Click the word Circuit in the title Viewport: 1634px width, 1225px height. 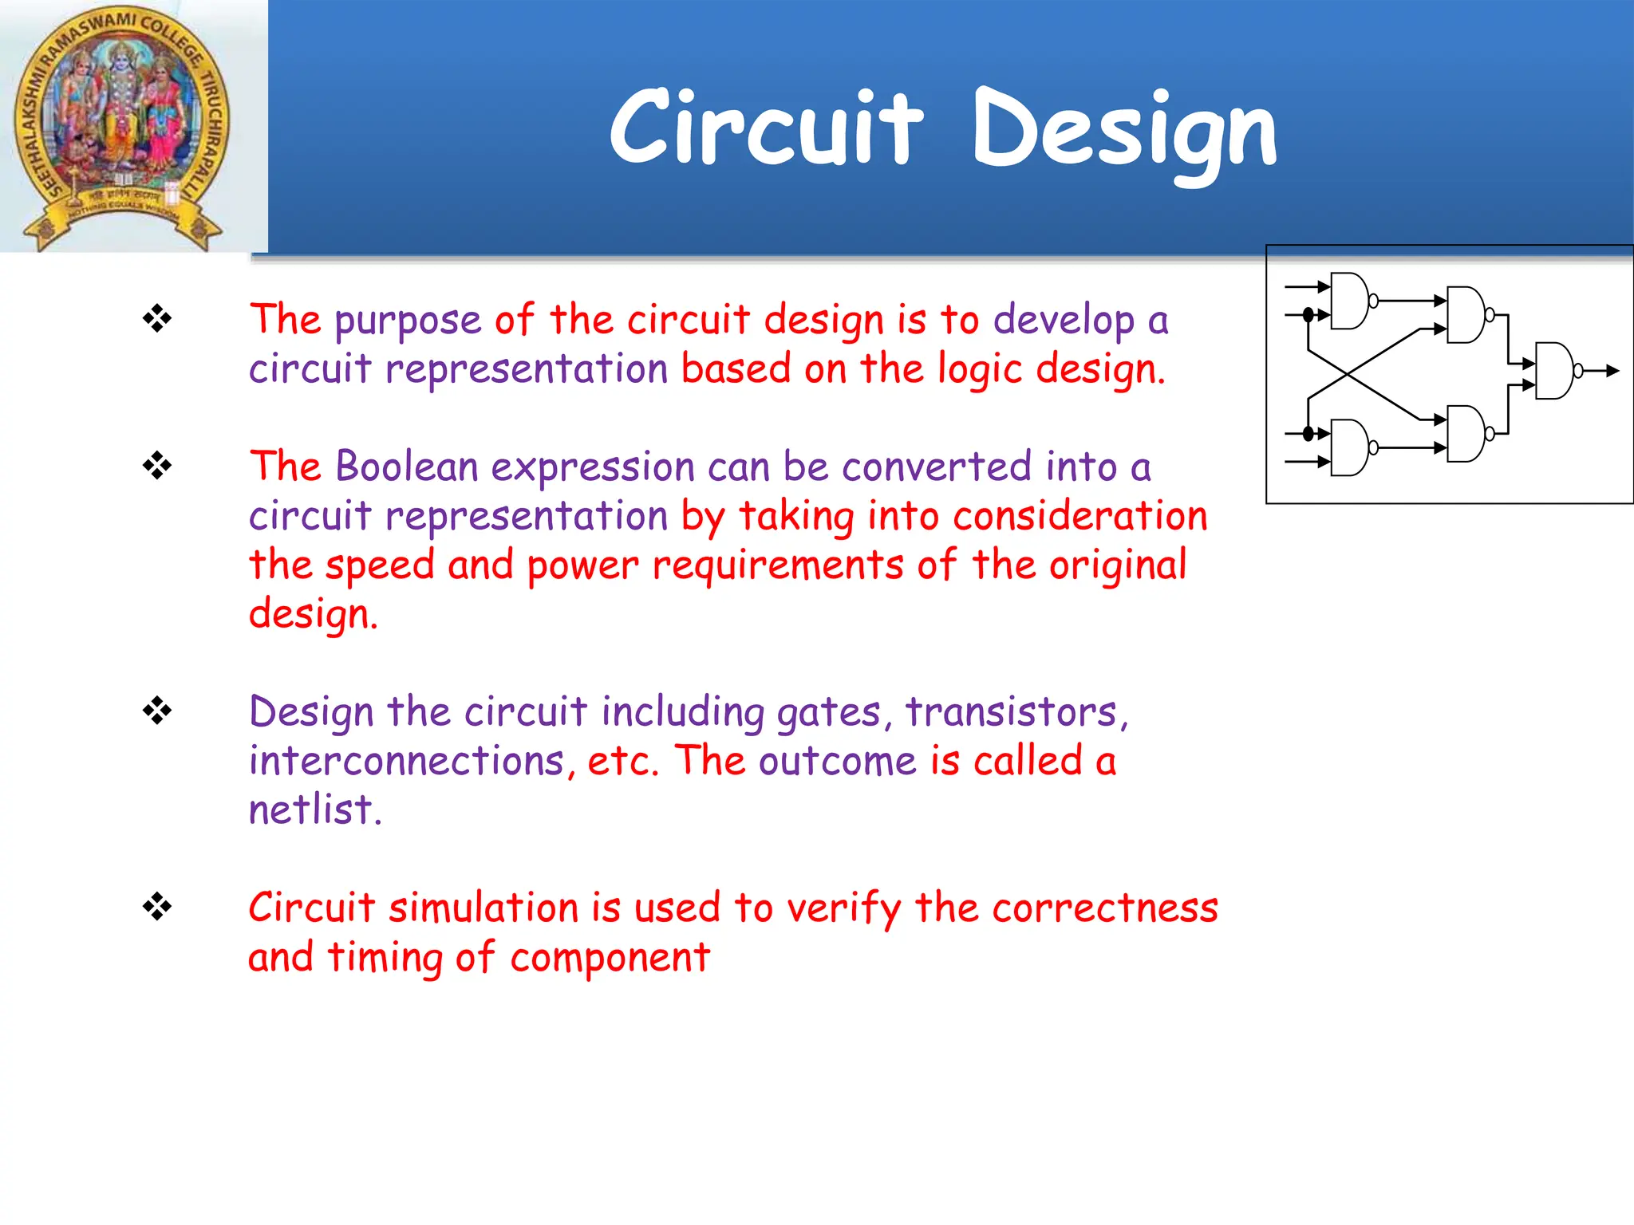(x=766, y=128)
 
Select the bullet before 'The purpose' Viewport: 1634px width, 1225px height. (x=157, y=319)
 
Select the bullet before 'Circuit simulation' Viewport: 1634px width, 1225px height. (x=157, y=907)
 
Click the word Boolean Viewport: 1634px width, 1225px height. (x=406, y=467)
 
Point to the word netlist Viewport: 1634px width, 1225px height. (x=314, y=809)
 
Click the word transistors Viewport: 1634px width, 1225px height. (x=1016, y=711)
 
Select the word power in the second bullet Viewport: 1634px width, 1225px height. (x=582, y=565)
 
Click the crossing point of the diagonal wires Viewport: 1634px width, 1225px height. (x=1347, y=374)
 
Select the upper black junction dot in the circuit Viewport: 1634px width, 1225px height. (x=1308, y=315)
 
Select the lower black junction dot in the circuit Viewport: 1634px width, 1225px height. (x=1308, y=434)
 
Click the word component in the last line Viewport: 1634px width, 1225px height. (x=610, y=957)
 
